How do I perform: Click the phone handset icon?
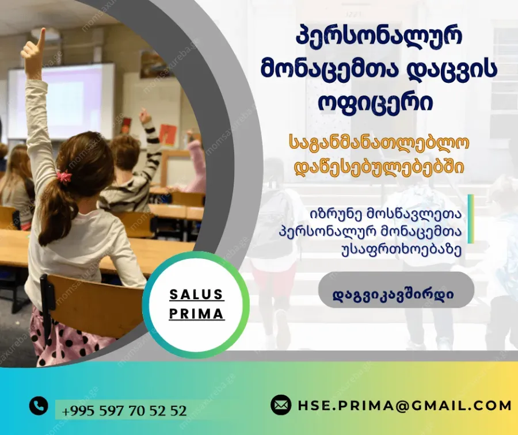pos(39,405)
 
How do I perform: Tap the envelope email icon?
pos(281,405)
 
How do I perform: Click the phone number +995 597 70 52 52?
pos(124,411)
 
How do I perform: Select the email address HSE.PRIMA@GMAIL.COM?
pos(405,405)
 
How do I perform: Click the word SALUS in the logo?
pos(197,294)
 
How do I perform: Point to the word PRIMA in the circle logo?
pos(197,314)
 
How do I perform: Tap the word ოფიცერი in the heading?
pos(376,103)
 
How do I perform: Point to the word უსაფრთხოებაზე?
pos(401,250)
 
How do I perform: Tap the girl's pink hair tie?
pos(64,176)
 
